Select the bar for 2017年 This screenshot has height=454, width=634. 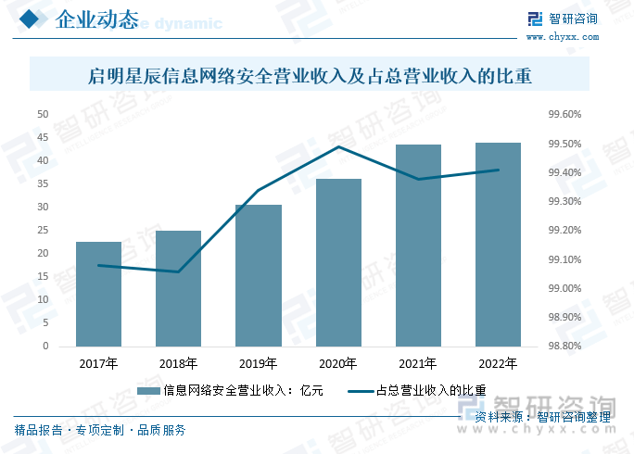[x=98, y=294]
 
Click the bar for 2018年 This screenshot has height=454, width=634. [x=178, y=288]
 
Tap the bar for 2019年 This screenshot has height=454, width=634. [x=258, y=275]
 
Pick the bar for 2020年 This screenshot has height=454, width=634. [x=338, y=262]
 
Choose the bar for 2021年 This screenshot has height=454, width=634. [x=418, y=246]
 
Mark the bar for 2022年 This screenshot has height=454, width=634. [x=498, y=245]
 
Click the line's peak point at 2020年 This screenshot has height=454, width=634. [x=338, y=146]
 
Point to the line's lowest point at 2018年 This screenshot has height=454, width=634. [x=178, y=271]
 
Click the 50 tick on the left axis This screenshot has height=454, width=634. [x=43, y=114]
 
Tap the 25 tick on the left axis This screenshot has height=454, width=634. [x=43, y=230]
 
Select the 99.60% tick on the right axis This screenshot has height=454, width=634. [x=564, y=115]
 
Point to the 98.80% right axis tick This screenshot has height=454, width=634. [x=564, y=346]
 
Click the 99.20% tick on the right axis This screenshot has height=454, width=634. [x=564, y=230]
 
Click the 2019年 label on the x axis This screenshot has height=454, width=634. [x=258, y=363]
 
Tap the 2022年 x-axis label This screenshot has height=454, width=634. [x=498, y=363]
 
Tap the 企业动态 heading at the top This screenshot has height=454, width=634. [x=96, y=20]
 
